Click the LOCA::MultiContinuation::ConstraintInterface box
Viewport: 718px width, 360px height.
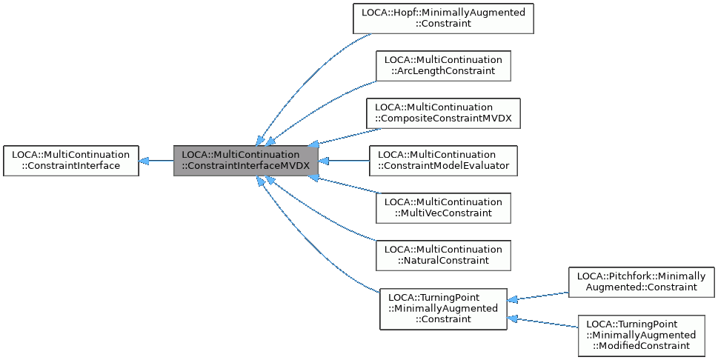click(x=71, y=160)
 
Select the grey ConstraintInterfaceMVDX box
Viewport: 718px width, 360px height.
click(x=246, y=160)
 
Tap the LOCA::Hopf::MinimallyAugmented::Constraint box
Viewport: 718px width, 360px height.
click(x=443, y=18)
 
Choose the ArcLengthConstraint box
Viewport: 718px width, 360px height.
click(x=443, y=65)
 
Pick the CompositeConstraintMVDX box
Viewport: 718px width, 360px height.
click(x=443, y=113)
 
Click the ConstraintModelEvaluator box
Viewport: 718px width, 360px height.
click(x=443, y=160)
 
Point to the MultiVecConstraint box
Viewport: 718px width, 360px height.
click(x=443, y=207)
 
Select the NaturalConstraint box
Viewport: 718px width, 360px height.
click(x=443, y=255)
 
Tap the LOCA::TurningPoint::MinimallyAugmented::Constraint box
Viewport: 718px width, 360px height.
click(x=443, y=308)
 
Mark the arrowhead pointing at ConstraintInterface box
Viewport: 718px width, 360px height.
click(x=144, y=160)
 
